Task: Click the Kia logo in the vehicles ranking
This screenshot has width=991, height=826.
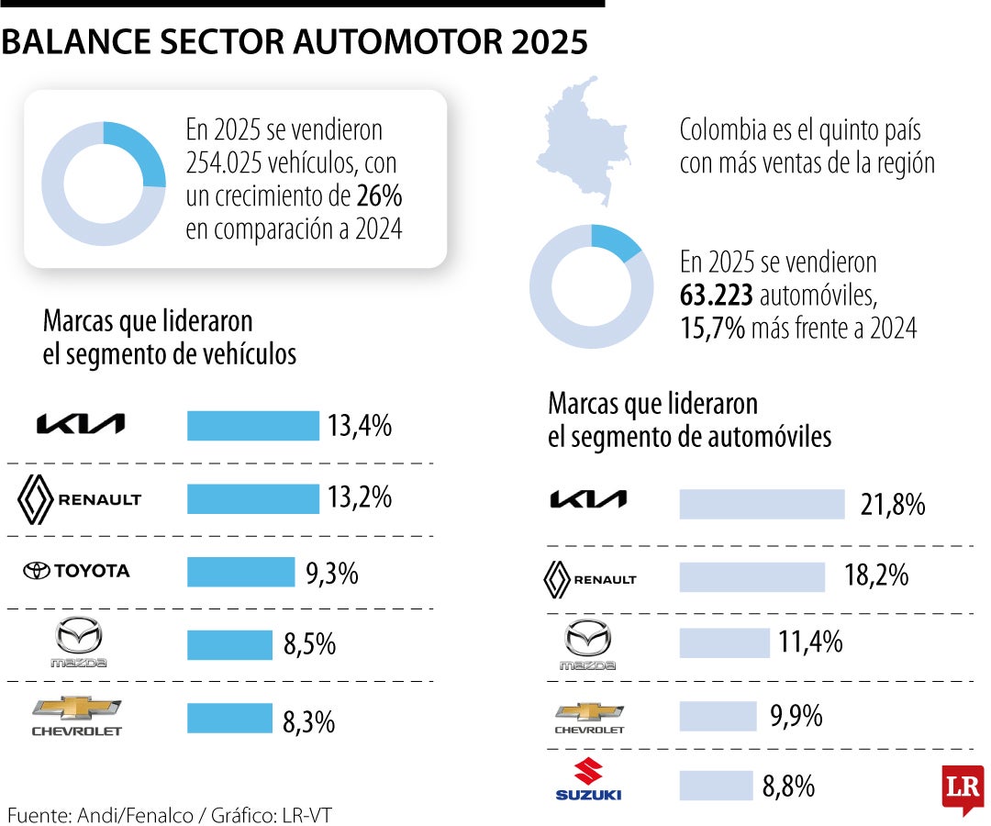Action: pos(80,424)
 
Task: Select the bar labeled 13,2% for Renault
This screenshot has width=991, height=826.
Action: pos(252,498)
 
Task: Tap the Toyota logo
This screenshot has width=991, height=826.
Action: pos(76,571)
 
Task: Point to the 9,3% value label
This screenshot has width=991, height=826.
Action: pos(331,574)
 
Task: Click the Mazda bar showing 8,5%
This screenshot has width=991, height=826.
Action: pos(229,644)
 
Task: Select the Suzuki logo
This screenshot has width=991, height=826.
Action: pos(588,779)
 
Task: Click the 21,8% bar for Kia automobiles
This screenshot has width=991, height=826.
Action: pos(762,504)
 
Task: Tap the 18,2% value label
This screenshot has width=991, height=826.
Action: pos(876,576)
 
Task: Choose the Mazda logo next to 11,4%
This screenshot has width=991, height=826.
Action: pos(588,644)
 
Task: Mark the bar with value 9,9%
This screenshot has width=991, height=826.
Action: pos(718,716)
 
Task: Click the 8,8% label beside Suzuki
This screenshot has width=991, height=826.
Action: pos(788,787)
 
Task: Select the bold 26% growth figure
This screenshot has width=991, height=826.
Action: pos(381,196)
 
